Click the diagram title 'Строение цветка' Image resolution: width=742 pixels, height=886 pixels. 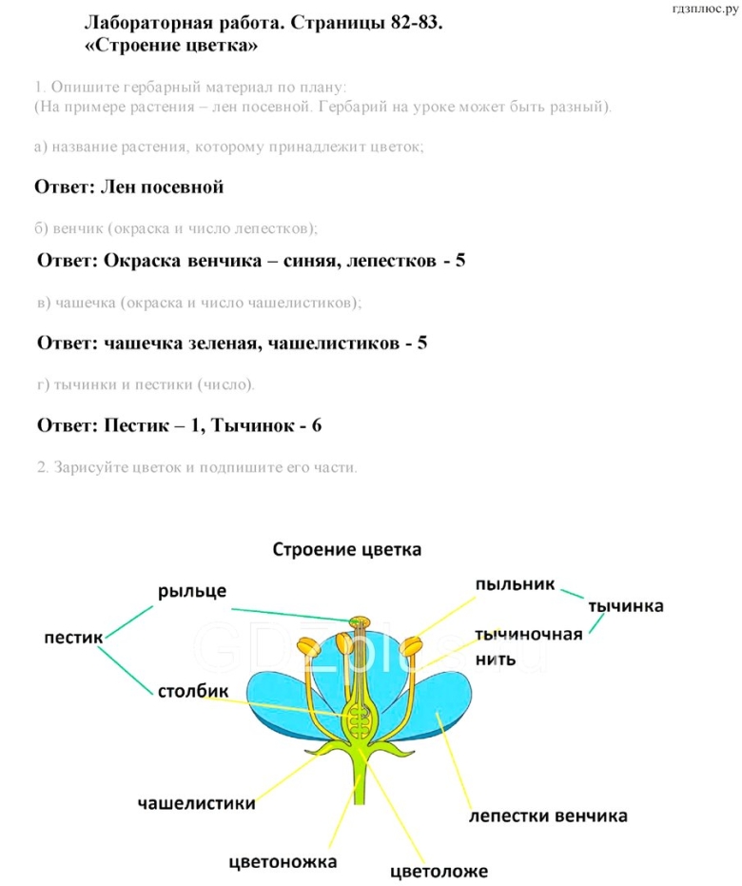point(346,549)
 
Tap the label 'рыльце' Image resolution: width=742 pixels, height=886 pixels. point(192,591)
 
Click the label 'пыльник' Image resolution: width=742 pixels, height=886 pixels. point(515,583)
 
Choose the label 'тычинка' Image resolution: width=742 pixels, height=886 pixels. point(625,606)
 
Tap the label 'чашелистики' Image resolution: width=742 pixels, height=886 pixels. point(196,803)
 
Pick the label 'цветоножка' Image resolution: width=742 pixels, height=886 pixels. point(283,862)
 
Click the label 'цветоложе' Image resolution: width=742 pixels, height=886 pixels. point(439,871)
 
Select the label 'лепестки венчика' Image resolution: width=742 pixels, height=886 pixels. point(548,817)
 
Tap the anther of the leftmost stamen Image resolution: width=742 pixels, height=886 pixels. point(307,645)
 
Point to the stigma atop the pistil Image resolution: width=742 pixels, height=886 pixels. point(359,622)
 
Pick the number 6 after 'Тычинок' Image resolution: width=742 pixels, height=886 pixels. point(316,425)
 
